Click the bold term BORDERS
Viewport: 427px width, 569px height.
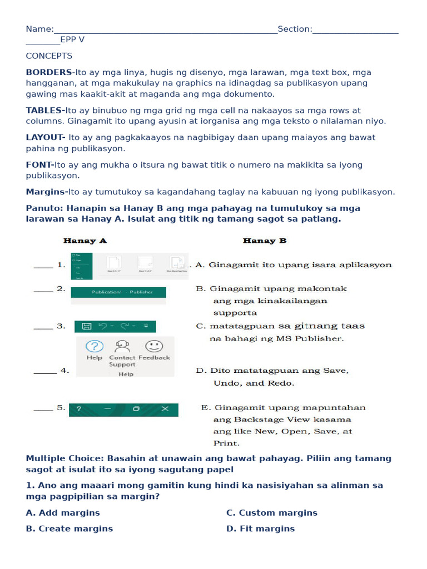[49, 72]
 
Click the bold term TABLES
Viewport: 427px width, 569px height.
[45, 110]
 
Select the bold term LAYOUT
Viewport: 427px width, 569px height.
[46, 137]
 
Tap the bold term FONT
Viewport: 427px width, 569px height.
[39, 164]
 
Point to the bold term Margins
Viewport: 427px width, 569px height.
[46, 192]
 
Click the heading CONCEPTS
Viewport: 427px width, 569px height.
[49, 56]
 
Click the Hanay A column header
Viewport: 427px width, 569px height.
[85, 241]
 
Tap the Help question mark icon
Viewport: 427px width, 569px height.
[95, 347]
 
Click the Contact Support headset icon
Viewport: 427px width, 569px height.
[122, 347]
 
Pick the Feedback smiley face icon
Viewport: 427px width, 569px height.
[154, 346]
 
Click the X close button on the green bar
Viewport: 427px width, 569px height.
[165, 409]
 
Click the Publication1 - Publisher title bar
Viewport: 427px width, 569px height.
[118, 292]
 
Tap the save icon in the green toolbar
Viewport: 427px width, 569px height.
[86, 326]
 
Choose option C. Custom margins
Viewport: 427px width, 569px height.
[272, 512]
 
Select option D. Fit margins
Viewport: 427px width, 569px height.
[260, 528]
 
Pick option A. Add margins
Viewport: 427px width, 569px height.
[63, 512]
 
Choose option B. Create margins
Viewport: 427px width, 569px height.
[69, 528]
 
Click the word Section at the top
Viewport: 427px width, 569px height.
[294, 29]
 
